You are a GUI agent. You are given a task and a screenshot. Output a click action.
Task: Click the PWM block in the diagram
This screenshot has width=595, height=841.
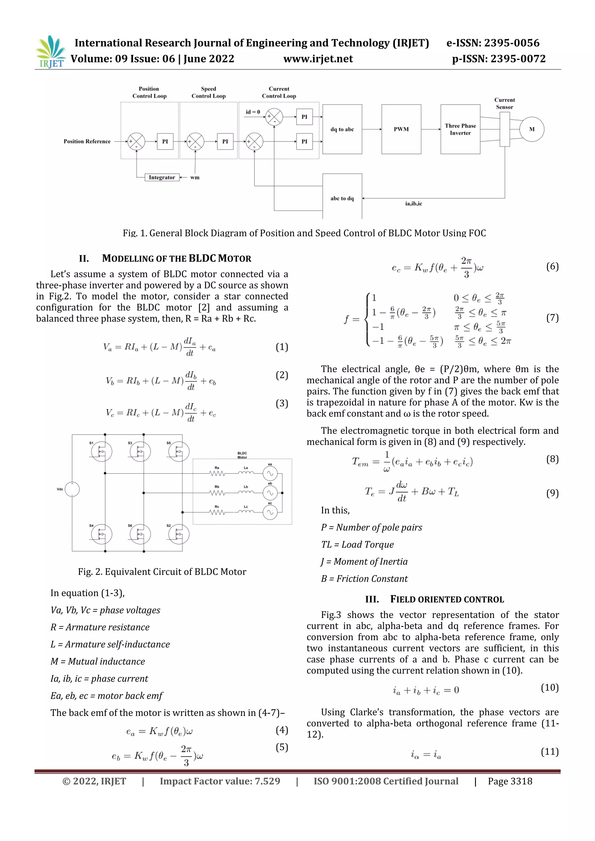tap(401, 129)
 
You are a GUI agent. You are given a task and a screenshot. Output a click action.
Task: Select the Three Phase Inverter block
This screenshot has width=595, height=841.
tap(460, 129)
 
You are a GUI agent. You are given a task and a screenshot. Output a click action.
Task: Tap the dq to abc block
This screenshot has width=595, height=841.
tap(342, 129)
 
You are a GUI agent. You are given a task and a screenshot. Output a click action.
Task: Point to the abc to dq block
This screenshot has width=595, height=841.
tap(342, 198)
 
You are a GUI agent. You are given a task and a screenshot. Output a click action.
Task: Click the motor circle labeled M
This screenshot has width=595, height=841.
tap(532, 129)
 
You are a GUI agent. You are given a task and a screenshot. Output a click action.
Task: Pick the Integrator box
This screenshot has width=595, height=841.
tap(162, 177)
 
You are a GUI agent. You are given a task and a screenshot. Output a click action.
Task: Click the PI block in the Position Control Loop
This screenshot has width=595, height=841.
tap(165, 141)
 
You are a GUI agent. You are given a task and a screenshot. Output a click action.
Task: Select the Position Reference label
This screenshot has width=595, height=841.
tap(87, 141)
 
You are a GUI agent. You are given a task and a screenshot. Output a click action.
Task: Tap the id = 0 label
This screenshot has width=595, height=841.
tap(253, 112)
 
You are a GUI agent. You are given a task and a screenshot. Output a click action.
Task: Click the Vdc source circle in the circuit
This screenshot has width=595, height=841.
tap(72, 489)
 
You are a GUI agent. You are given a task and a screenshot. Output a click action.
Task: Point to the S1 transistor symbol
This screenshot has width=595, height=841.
tap(101, 452)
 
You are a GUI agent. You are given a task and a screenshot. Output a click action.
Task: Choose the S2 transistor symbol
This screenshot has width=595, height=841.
tap(179, 535)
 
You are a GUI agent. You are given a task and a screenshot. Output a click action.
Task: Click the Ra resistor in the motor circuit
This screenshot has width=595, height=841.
tap(217, 473)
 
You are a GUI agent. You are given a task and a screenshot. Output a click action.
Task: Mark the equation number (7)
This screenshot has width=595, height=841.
tap(552, 318)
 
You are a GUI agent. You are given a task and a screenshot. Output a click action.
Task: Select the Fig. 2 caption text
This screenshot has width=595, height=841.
tap(162, 572)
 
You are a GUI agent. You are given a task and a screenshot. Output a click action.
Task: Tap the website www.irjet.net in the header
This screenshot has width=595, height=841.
tap(318, 59)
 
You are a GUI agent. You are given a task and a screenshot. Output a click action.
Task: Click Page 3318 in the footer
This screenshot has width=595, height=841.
tap(510, 781)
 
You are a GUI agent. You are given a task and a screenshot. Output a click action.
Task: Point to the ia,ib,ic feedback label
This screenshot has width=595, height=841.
tap(413, 204)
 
